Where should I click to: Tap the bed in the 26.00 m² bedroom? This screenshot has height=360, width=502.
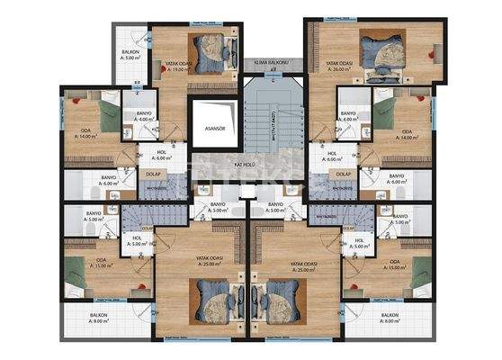379,45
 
